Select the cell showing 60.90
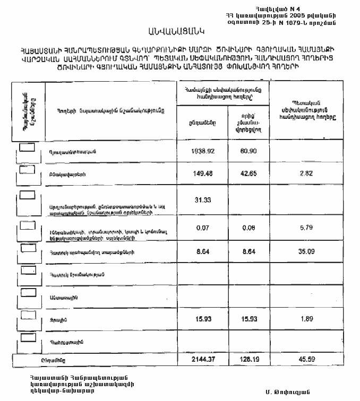248,151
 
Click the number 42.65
248,173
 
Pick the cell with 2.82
305,173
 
